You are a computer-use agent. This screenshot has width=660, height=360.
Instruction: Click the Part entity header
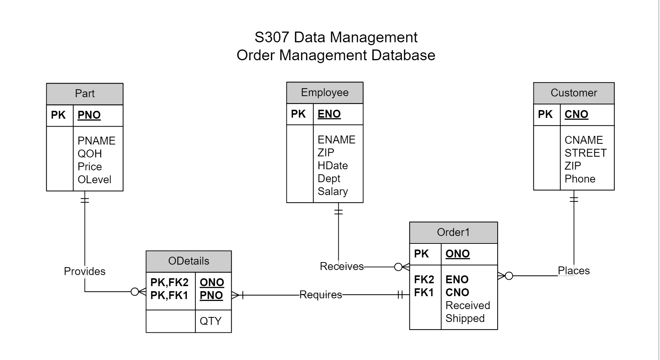point(85,94)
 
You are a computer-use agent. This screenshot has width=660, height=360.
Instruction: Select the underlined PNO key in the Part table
point(89,115)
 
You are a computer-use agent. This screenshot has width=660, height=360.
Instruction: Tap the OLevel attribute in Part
point(94,179)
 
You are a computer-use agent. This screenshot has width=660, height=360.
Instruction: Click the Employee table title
point(324,93)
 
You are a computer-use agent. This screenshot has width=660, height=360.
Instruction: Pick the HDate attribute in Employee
point(332,166)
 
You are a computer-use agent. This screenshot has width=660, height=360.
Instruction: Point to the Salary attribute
point(332,191)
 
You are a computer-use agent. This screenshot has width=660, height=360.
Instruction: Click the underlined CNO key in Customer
point(576,114)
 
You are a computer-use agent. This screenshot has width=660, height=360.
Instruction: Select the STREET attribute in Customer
point(585,153)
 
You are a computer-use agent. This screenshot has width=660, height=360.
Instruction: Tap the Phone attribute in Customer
point(580,179)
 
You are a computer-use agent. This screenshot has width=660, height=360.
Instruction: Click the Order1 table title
point(453,232)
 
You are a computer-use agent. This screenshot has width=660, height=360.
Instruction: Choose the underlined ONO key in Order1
point(457,254)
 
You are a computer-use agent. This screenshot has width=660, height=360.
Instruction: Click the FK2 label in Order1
point(424,279)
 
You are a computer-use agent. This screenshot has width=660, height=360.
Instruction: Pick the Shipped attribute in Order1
point(465,318)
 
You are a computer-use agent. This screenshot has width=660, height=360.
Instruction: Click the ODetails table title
point(189,261)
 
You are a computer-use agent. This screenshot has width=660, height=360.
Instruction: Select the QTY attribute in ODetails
point(210,321)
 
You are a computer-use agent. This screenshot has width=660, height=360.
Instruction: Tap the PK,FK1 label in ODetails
point(169,295)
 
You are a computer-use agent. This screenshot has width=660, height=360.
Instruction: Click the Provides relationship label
point(85,271)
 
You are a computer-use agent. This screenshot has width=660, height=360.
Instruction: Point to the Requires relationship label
point(320,295)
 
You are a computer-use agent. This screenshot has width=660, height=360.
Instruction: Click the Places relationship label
point(574,271)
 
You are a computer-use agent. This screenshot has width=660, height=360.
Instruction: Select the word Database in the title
point(403,55)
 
